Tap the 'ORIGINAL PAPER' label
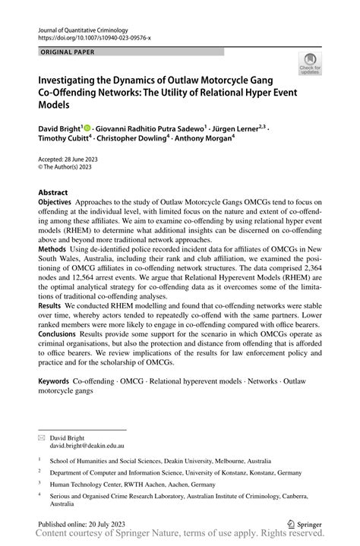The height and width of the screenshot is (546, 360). coord(66,52)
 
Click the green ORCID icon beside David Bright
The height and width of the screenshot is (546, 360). coord(88,129)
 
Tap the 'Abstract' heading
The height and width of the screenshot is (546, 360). coord(53,193)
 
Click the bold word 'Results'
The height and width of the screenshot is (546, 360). coord(50,325)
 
